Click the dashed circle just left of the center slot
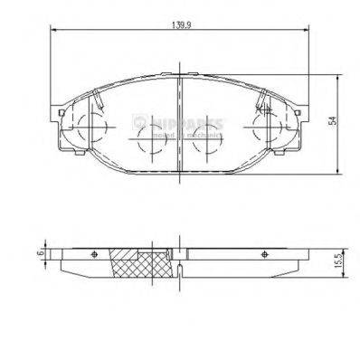[148, 142]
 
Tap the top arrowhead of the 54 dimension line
[336, 76]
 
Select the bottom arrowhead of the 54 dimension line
[336, 174]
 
